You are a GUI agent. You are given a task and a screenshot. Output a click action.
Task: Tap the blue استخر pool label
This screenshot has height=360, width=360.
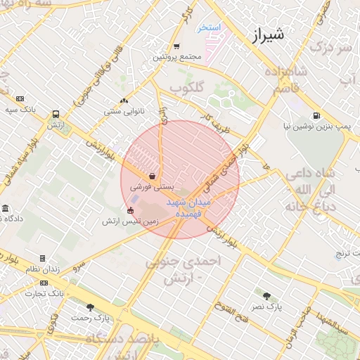(209, 27)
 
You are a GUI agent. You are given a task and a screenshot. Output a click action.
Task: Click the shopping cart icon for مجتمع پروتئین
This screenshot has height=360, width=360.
(176, 46)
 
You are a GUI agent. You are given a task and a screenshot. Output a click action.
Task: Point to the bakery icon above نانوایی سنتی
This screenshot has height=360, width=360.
(124, 101)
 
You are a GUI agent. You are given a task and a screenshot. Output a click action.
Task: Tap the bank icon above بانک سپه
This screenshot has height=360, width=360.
(20, 99)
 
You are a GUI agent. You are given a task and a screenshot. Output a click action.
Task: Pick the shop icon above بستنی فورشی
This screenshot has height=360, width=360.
(153, 176)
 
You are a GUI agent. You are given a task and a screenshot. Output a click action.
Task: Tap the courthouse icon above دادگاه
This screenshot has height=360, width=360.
(6, 209)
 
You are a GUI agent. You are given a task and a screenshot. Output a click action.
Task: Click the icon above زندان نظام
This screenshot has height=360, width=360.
(42, 259)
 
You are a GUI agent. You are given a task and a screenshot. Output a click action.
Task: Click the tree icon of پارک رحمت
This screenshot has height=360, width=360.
(90, 307)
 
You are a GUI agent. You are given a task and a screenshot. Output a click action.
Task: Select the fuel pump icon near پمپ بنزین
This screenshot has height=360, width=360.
(316, 116)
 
